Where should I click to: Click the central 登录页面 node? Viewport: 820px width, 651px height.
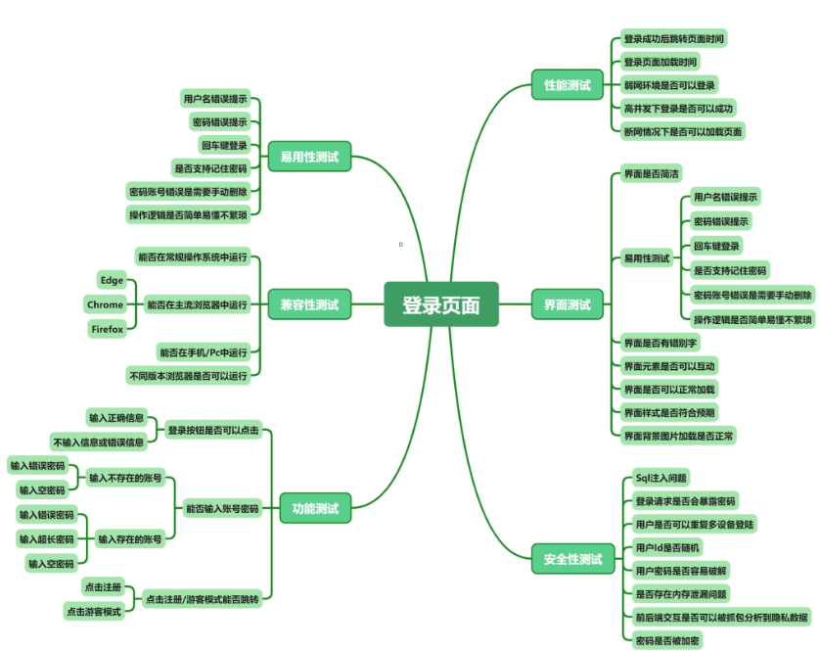click(440, 304)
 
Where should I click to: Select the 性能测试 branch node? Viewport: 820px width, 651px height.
click(567, 85)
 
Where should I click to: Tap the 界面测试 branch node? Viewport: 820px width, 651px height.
click(567, 304)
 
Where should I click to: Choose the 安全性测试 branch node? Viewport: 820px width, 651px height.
click(572, 561)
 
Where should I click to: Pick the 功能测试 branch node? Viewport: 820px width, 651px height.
click(314, 508)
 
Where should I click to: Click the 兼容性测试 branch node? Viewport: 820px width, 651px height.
click(308, 304)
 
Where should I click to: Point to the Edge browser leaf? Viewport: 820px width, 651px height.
click(112, 280)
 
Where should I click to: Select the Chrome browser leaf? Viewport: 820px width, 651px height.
click(105, 304)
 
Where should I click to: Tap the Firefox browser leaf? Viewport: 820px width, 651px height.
click(108, 329)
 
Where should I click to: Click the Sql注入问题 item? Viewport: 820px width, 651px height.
click(660, 478)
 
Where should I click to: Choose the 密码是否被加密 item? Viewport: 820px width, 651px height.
click(667, 639)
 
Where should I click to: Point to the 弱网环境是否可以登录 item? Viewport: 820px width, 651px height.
click(669, 85)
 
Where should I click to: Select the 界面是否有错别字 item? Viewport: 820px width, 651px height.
click(663, 342)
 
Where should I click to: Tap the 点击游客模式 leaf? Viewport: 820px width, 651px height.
click(94, 611)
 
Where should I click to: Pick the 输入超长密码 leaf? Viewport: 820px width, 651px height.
click(46, 538)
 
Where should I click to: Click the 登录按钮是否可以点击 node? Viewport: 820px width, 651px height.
click(213, 430)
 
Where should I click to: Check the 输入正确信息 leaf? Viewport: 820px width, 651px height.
click(116, 418)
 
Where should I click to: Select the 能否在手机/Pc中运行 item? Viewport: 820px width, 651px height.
click(203, 351)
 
